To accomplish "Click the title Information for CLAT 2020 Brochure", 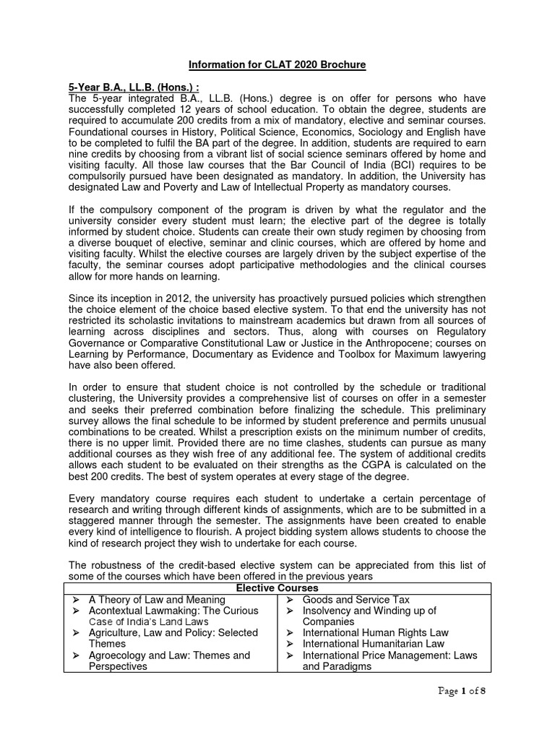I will pos(277,65).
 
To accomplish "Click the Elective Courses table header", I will pos(277,588).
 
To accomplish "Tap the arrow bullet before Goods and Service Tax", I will pos(288,600).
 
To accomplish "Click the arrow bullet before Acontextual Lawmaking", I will pos(74,611).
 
